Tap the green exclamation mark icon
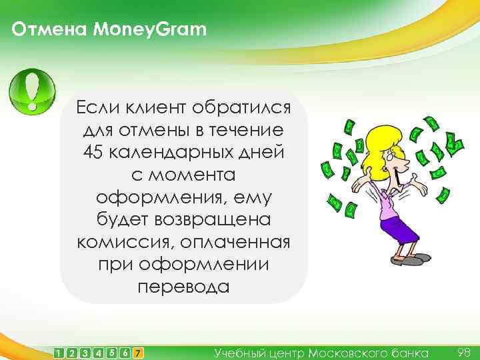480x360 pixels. pos(32,92)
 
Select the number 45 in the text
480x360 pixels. pos(94,151)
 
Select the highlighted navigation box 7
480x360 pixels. pos(137,351)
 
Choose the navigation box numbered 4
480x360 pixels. pos(99,351)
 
